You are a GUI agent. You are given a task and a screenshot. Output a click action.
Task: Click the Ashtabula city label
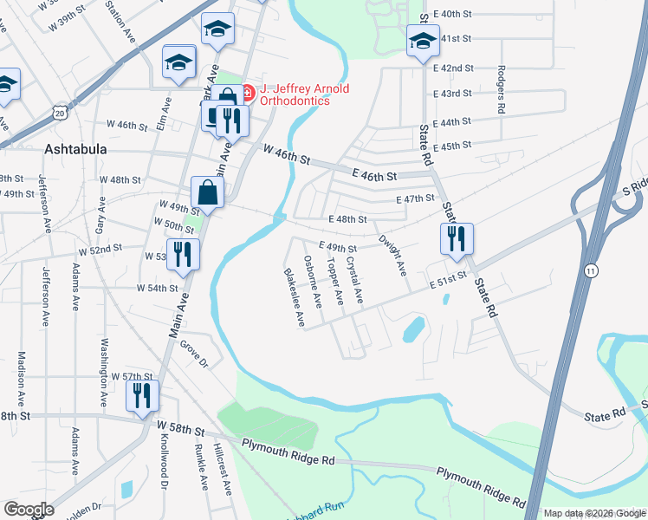coord(75,149)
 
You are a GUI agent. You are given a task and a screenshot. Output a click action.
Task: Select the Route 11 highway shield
coord(590,270)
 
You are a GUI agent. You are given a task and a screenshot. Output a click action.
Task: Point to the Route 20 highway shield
coord(58,112)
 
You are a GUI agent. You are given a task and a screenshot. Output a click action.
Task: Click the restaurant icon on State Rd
coord(456,237)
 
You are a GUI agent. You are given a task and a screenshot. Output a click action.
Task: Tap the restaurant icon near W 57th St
coord(140,395)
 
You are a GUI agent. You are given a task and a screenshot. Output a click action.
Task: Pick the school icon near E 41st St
coord(423,41)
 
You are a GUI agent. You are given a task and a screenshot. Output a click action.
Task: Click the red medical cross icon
coord(247,89)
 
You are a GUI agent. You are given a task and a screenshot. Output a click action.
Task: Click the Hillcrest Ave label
coord(224,471)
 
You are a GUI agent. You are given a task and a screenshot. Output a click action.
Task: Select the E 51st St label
coord(448,278)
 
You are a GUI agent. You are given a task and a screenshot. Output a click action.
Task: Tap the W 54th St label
coord(157,288)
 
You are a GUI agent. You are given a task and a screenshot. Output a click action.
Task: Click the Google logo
coord(29,510)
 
